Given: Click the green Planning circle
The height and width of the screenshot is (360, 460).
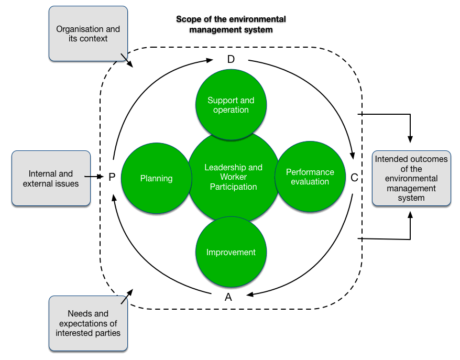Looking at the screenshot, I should click(156, 178).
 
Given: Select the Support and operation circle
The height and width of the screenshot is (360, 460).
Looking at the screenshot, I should click(231, 105).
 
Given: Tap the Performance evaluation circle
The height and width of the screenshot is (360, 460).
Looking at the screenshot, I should click(310, 177).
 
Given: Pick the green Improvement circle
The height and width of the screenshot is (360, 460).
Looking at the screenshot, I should click(231, 252).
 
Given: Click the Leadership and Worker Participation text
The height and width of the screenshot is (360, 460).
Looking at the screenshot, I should click(233, 177).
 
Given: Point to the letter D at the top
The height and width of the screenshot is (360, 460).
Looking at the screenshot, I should click(231, 59).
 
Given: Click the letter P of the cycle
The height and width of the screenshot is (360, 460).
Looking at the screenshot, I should click(112, 178).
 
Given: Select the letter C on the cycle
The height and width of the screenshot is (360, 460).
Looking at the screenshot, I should click(354, 178).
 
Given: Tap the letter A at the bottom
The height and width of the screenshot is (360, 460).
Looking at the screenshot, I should click(228, 297).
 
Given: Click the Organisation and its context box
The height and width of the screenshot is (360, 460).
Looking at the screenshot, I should click(88, 34).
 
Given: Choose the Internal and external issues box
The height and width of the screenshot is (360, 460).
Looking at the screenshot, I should click(51, 178).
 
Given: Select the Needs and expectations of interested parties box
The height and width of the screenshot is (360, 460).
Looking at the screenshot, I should click(88, 323).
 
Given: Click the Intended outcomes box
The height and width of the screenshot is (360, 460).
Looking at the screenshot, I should click(411, 179).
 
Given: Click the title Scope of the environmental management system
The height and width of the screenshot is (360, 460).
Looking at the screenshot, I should click(231, 25).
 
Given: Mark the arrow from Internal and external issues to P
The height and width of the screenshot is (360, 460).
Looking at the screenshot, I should click(97, 177).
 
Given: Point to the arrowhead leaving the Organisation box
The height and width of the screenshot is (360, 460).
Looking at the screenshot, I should click(130, 64).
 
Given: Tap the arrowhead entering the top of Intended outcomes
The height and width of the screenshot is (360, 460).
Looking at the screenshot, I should click(410, 139).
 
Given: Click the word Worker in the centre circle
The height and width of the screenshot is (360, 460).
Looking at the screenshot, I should click(234, 177).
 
